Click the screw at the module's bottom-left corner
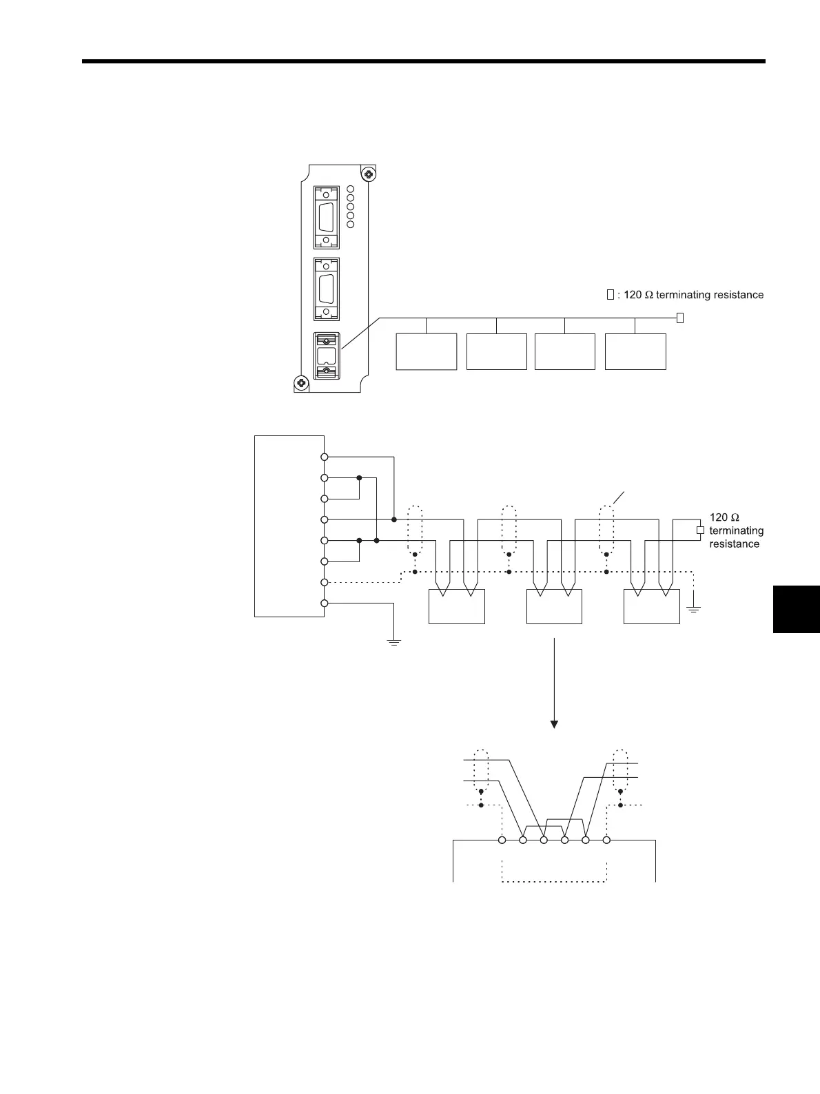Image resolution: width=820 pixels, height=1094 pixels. [x=300, y=382]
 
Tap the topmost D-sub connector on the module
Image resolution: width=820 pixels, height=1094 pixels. [x=327, y=217]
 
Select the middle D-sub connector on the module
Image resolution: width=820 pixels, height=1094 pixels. [x=327, y=289]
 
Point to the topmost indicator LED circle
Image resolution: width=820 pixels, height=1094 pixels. [x=350, y=189]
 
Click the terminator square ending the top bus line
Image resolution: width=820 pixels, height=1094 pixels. [x=679, y=318]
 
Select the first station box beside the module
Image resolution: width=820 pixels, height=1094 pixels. [x=427, y=351]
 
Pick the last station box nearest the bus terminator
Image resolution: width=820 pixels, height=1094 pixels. [x=635, y=351]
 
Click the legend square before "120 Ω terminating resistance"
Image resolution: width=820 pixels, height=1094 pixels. [x=610, y=295]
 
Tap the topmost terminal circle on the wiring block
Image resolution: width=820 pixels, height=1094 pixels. [x=324, y=457]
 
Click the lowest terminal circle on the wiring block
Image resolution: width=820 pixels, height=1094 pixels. [x=324, y=603]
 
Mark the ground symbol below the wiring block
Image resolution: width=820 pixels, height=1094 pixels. [x=393, y=642]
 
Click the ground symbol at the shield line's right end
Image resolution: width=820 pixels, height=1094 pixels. [x=694, y=609]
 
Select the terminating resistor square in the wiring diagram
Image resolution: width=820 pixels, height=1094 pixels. [x=700, y=530]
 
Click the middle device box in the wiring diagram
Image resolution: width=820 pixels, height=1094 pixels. [x=554, y=606]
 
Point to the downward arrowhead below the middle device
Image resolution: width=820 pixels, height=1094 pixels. [x=554, y=724]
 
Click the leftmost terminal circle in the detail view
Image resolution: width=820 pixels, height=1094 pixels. [x=502, y=840]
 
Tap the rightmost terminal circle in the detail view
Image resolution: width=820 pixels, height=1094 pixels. [x=606, y=840]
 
